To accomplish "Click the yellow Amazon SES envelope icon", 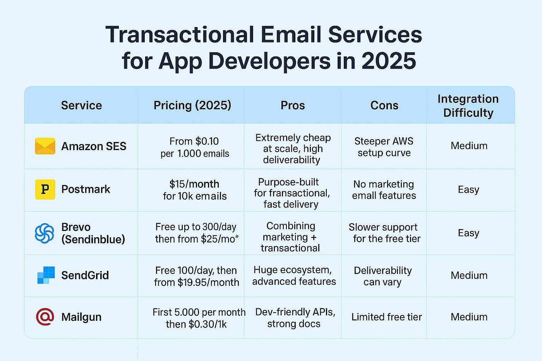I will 45,146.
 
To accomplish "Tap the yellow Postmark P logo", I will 45,189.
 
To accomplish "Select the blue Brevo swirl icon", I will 45,233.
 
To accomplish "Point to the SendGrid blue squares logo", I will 46,275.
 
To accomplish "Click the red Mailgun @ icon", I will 45,317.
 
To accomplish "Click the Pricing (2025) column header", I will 192,105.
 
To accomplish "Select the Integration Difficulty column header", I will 468,106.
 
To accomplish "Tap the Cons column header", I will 384,105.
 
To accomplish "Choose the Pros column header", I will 293,105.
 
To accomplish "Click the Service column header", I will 81,105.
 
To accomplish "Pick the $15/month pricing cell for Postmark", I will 194,190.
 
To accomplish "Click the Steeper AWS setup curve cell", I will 384,147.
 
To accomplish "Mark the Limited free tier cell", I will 386,317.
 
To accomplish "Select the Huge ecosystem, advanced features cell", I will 293,275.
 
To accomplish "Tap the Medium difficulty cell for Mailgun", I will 469,317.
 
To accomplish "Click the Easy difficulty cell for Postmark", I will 468,190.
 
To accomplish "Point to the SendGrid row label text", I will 85,275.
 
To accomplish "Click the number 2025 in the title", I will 388,61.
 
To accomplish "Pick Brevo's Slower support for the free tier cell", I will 384,233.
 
